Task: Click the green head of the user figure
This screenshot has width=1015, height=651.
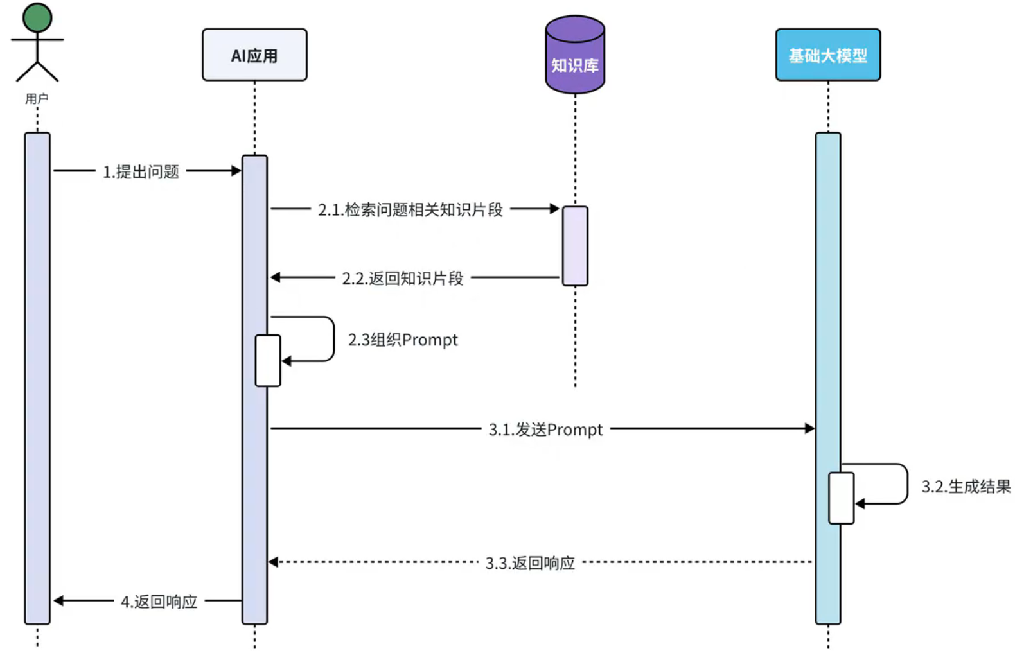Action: (37, 17)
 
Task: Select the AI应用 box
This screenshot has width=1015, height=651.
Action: (254, 55)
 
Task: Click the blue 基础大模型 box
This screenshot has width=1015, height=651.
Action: (827, 55)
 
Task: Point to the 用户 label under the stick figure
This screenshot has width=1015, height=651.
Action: (37, 99)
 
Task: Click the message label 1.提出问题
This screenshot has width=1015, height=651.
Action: (141, 171)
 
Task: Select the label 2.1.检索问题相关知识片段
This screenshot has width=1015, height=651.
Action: (410, 209)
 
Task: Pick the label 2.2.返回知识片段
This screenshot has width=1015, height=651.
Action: (402, 278)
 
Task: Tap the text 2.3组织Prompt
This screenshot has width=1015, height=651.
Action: (403, 340)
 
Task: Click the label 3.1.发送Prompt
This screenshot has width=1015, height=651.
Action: (545, 429)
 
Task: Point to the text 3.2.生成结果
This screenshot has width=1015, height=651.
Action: (966, 487)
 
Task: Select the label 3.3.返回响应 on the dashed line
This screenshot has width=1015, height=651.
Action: (530, 563)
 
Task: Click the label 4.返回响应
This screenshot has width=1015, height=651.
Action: (159, 602)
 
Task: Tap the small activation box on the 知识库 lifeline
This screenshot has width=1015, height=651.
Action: (575, 246)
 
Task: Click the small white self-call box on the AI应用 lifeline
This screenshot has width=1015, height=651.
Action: (267, 360)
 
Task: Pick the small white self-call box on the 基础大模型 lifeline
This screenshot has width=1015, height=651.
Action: (841, 498)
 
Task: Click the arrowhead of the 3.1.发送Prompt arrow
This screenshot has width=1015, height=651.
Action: (809, 428)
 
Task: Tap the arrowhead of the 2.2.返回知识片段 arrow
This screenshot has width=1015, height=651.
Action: (276, 277)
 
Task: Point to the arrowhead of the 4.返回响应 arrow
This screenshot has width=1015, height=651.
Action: (58, 601)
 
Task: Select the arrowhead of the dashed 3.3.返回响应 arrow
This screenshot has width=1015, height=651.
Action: (273, 562)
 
